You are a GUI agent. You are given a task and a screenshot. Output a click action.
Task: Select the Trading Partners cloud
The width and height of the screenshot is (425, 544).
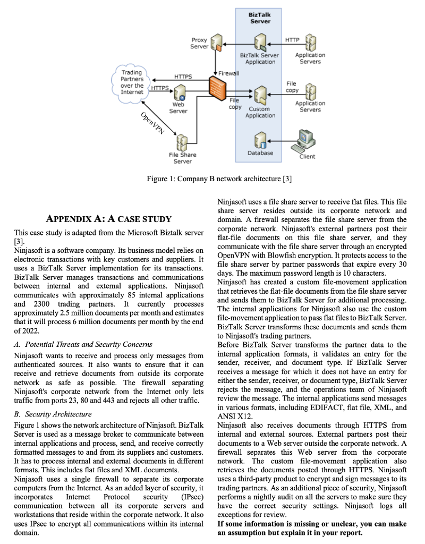132,82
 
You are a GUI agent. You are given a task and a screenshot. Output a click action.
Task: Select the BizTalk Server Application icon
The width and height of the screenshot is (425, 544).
260,42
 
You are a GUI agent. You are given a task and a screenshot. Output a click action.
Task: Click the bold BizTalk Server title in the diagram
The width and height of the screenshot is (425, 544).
260,18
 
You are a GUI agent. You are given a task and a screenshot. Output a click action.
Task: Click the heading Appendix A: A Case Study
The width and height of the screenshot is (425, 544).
109,219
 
